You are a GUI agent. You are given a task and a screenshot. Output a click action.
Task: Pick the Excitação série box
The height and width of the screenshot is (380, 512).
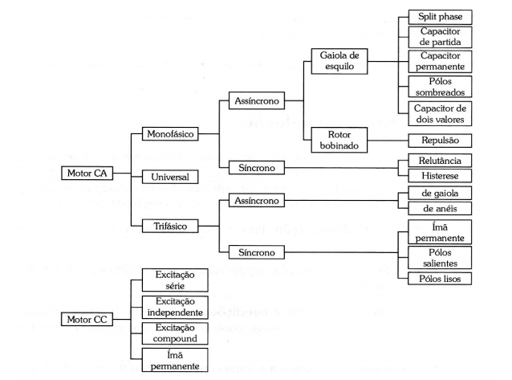174,280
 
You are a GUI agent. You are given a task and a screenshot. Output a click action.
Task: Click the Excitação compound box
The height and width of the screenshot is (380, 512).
174,333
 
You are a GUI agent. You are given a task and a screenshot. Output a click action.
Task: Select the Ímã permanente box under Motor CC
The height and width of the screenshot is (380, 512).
174,361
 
